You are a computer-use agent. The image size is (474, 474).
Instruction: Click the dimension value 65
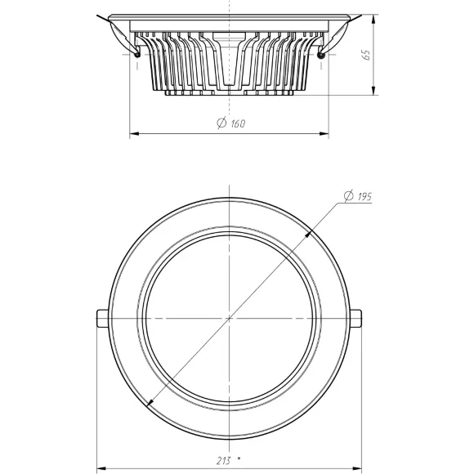pos(366,55)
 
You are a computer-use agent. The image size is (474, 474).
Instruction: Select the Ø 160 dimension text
pos(231,123)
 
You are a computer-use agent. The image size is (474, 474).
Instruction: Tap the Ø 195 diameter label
pos(358,196)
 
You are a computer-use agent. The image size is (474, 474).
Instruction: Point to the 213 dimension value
pos(224,460)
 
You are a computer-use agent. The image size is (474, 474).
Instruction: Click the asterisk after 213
pos(239,458)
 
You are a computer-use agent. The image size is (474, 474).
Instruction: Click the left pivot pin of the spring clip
pos(137,55)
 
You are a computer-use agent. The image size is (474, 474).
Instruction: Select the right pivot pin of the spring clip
pos(321,55)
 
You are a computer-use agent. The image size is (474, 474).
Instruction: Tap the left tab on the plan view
pos(103,319)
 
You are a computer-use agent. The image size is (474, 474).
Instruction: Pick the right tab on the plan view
pos(355,319)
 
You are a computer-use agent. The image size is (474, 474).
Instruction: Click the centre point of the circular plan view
pos(230,319)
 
